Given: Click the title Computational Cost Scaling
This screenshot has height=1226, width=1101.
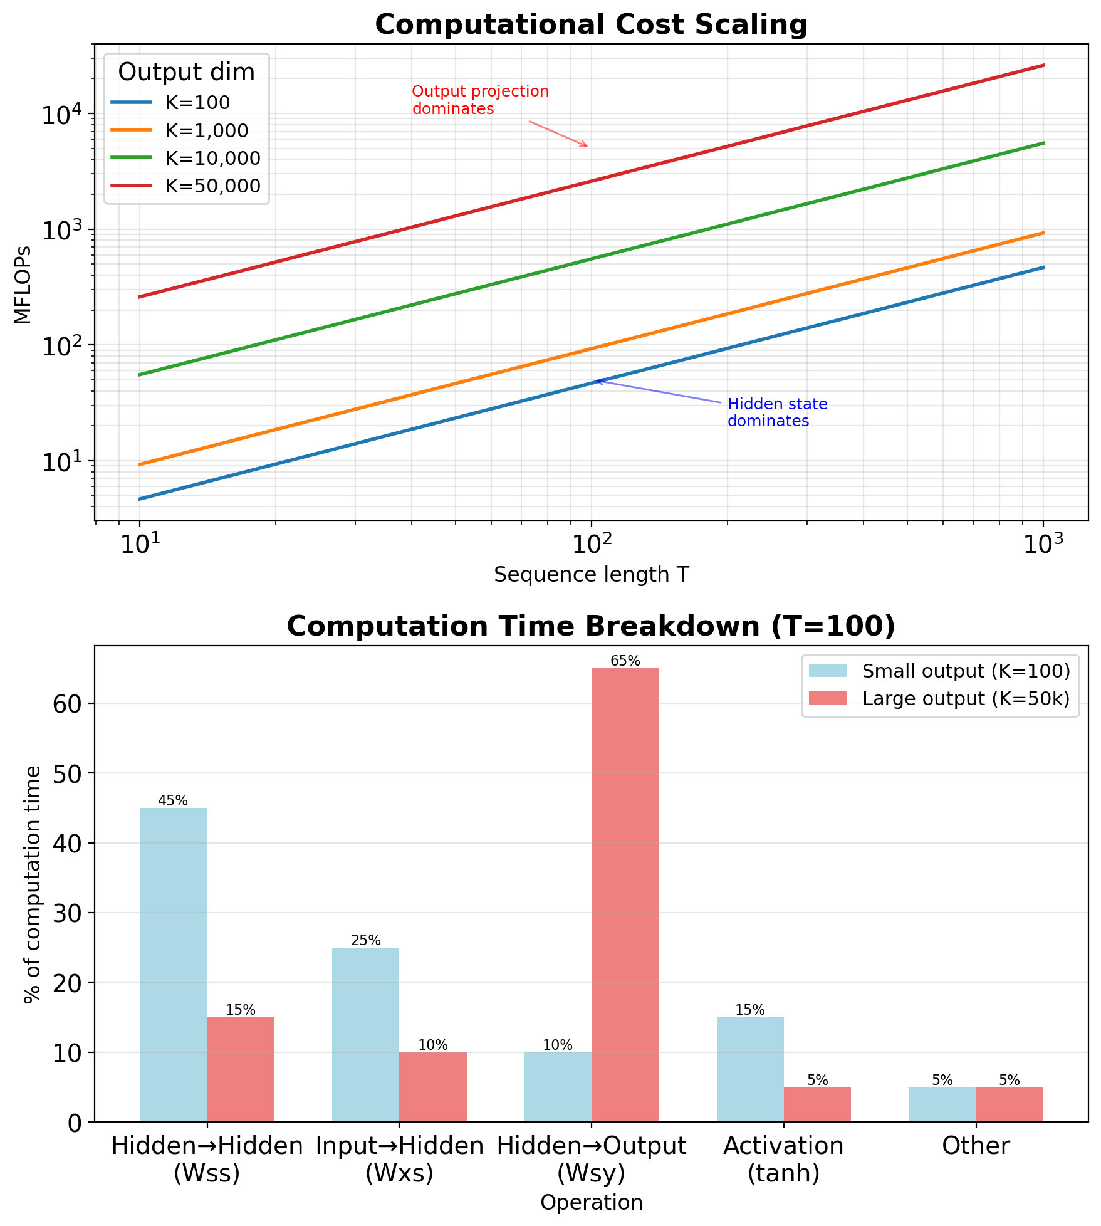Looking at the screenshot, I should [591, 25].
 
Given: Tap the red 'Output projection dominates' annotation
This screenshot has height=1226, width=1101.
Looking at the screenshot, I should [480, 100].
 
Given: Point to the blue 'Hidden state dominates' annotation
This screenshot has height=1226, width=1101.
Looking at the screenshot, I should [777, 412].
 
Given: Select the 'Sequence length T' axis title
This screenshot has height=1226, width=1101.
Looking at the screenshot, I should [591, 574].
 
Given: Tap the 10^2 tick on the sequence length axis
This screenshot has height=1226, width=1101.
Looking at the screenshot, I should [590, 544].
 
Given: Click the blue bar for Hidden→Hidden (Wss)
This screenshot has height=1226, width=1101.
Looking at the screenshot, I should [173, 965].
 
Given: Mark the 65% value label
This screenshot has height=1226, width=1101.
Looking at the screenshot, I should [625, 661].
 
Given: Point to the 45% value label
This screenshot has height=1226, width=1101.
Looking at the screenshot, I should [173, 800].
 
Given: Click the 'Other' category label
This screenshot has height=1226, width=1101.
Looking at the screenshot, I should [976, 1146].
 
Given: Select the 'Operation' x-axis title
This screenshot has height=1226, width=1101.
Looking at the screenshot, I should [591, 1202].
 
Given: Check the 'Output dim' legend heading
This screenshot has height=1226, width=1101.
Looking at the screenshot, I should [186, 73].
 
